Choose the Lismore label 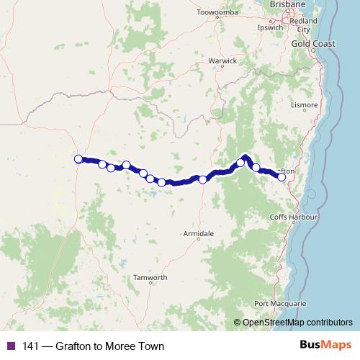point(305,105)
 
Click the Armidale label point(199,235)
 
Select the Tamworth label point(150,278)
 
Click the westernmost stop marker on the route point(78,159)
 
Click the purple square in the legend point(11,346)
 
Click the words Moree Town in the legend point(135,346)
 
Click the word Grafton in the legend point(74,346)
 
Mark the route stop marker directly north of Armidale point(203,179)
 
